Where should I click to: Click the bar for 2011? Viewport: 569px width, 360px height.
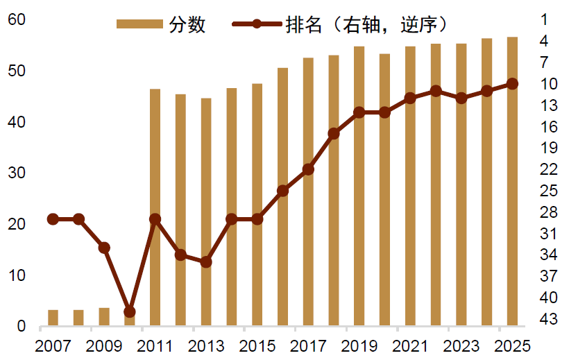(155, 207)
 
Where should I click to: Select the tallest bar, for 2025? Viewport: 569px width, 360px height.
(512, 181)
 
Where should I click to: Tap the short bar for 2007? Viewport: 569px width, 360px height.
(53, 318)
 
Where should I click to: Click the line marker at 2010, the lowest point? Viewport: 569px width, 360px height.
(130, 312)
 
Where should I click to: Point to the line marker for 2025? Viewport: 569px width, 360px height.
(512, 84)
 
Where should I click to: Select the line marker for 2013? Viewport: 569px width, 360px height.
(206, 262)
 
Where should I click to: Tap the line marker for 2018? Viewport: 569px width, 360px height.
(334, 133)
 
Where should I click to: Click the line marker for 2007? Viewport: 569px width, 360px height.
(53, 219)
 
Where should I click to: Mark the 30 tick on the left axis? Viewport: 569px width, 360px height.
(17, 173)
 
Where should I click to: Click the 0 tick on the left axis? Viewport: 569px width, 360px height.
(21, 326)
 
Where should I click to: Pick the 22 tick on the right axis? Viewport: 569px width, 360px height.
(549, 169)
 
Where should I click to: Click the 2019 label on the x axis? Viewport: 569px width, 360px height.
(359, 345)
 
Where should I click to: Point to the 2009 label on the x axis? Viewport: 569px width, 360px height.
(104, 345)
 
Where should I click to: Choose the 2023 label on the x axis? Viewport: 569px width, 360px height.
(461, 345)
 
